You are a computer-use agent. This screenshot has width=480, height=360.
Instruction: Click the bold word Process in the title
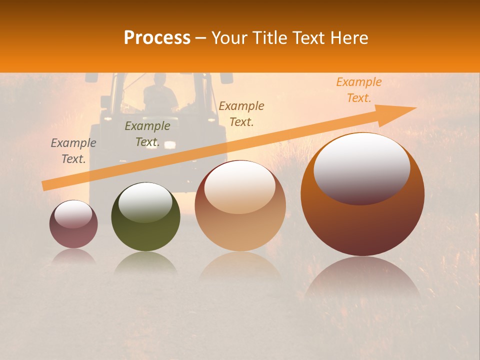click(x=157, y=38)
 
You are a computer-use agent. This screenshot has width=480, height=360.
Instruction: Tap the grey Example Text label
click(x=73, y=151)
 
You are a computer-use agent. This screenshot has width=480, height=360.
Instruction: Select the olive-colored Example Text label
click(x=147, y=134)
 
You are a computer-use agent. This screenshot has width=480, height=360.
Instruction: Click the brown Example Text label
click(x=241, y=113)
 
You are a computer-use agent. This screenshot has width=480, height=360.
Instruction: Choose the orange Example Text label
click(x=358, y=90)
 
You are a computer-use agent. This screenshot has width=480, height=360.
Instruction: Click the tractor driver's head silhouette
click(x=159, y=79)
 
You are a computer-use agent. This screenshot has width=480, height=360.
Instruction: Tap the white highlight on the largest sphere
click(x=361, y=167)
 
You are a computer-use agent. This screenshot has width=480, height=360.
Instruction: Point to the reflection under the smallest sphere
click(x=73, y=256)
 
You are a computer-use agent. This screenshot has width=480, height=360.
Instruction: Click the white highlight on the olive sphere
click(x=145, y=201)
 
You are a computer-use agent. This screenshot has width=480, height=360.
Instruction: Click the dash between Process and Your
click(x=201, y=38)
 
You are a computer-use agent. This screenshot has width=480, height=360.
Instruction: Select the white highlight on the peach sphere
click(x=239, y=186)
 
